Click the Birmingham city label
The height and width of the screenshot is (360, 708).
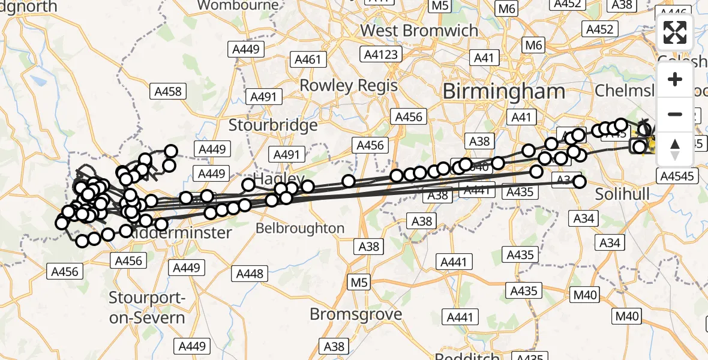[503, 92]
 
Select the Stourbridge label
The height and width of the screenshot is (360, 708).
[273, 125]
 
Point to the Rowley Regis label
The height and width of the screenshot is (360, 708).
[349, 85]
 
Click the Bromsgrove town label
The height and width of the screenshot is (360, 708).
[347, 314]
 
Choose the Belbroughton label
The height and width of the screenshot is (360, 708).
[300, 229]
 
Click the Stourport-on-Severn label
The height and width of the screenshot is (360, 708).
[148, 308]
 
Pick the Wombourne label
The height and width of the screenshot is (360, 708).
[238, 5]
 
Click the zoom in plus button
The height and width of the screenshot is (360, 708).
[675, 80]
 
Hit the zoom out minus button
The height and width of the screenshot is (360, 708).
[675, 115]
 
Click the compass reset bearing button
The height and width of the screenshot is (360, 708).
[675, 149]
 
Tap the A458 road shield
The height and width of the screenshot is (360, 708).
[167, 92]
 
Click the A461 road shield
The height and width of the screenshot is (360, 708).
[308, 59]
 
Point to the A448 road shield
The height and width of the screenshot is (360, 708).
[250, 274]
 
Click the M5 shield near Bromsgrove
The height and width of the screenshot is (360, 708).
[359, 281]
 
